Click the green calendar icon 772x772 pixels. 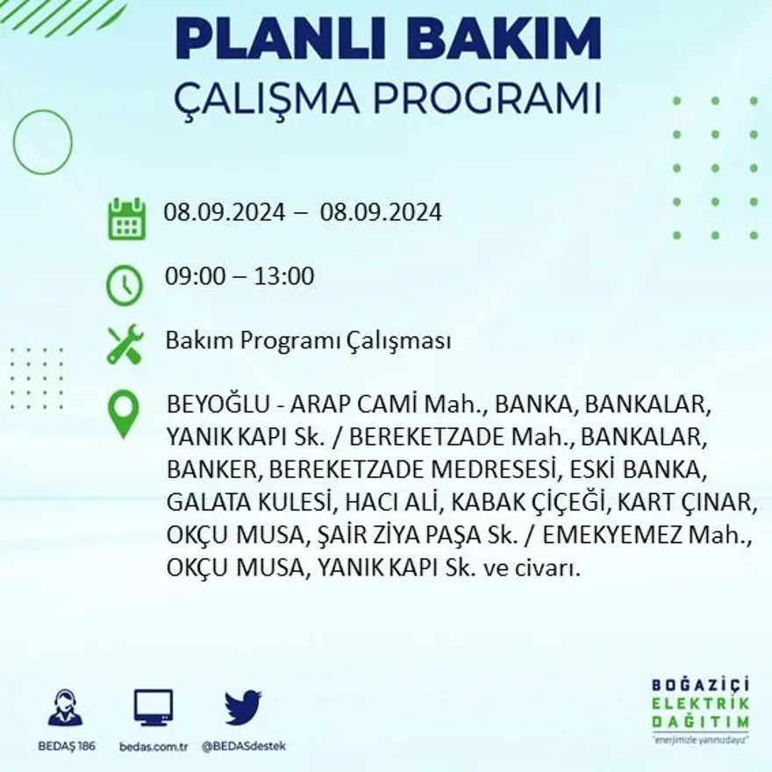pyautogui.click(x=126, y=218)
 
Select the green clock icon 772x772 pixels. pyautogui.click(x=125, y=285)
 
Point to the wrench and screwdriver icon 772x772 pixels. pyautogui.click(x=125, y=344)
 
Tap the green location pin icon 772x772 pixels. pyautogui.click(x=123, y=413)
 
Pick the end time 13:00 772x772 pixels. pyautogui.click(x=284, y=277)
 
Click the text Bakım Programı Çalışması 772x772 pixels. pyautogui.click(x=308, y=341)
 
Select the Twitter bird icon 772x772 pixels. pyautogui.click(x=243, y=707)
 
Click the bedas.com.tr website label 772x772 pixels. pyautogui.click(x=154, y=747)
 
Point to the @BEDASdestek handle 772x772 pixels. pyautogui.click(x=244, y=747)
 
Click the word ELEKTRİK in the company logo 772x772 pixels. pyautogui.click(x=701, y=704)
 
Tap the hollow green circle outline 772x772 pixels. pyautogui.click(x=43, y=141)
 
